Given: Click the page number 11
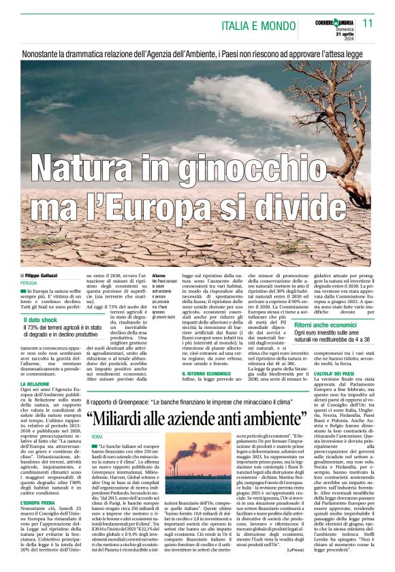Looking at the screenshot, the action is pyautogui.click(x=368, y=24).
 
